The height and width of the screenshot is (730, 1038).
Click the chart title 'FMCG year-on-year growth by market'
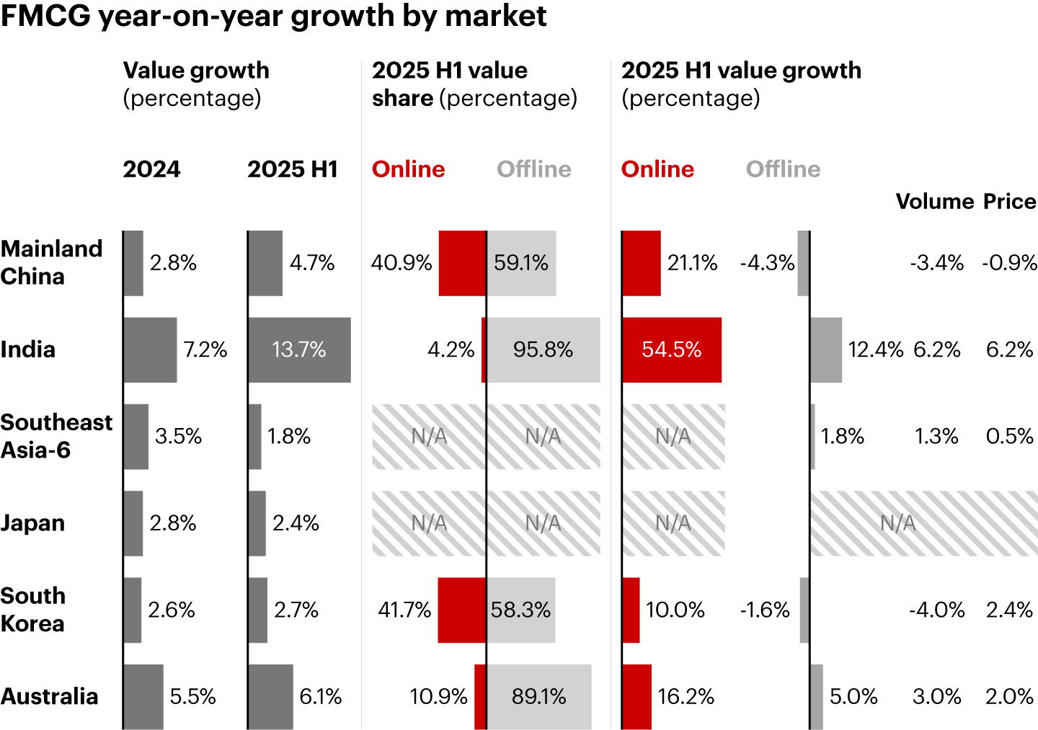pyautogui.click(x=273, y=16)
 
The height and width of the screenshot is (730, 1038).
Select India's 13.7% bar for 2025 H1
pyautogui.click(x=299, y=350)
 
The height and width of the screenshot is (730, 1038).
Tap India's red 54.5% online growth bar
pyautogui.click(x=671, y=350)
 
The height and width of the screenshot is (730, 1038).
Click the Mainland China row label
pyautogui.click(x=52, y=262)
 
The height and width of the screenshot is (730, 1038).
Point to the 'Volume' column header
pyautogui.click(x=934, y=201)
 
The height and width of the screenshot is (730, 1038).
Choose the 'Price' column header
pyautogui.click(x=1009, y=201)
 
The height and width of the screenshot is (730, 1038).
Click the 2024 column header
pyautogui.click(x=151, y=169)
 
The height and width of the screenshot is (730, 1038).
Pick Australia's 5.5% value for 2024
pyautogui.click(x=192, y=697)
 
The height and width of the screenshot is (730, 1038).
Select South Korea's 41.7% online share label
pyautogui.click(x=404, y=610)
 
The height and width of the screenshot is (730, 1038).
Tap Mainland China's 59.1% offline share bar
pyautogui.click(x=521, y=263)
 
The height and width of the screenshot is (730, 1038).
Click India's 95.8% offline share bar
pyautogui.click(x=543, y=350)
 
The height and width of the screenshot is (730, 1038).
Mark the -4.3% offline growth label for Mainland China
pyautogui.click(x=767, y=263)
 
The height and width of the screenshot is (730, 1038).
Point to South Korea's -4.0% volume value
pyautogui.click(x=936, y=610)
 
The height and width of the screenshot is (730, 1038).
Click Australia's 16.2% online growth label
pyautogui.click(x=686, y=697)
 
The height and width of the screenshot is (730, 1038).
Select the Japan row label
pyautogui.click(x=32, y=523)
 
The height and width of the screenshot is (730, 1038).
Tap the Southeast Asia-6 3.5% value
pyautogui.click(x=178, y=437)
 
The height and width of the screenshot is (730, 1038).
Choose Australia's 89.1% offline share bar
pyautogui.click(x=538, y=697)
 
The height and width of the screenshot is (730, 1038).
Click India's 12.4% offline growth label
pyautogui.click(x=875, y=350)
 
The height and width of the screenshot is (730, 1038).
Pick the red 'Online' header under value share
pyautogui.click(x=408, y=169)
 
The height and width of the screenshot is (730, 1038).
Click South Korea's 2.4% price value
pyautogui.click(x=1009, y=610)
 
